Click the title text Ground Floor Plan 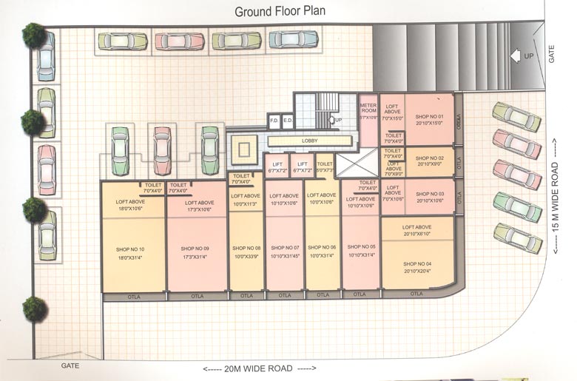(x=280, y=11)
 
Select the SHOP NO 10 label (x=131, y=249)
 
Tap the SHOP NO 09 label (x=195, y=249)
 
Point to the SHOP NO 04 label (x=417, y=263)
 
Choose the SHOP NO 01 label (x=429, y=117)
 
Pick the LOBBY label (x=309, y=141)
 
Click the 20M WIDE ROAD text (x=258, y=368)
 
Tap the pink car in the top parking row (x=180, y=41)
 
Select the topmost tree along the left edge (x=33, y=34)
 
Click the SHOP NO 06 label (x=323, y=248)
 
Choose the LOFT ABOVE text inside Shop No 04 (x=416, y=227)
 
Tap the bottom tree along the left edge (x=34, y=308)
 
